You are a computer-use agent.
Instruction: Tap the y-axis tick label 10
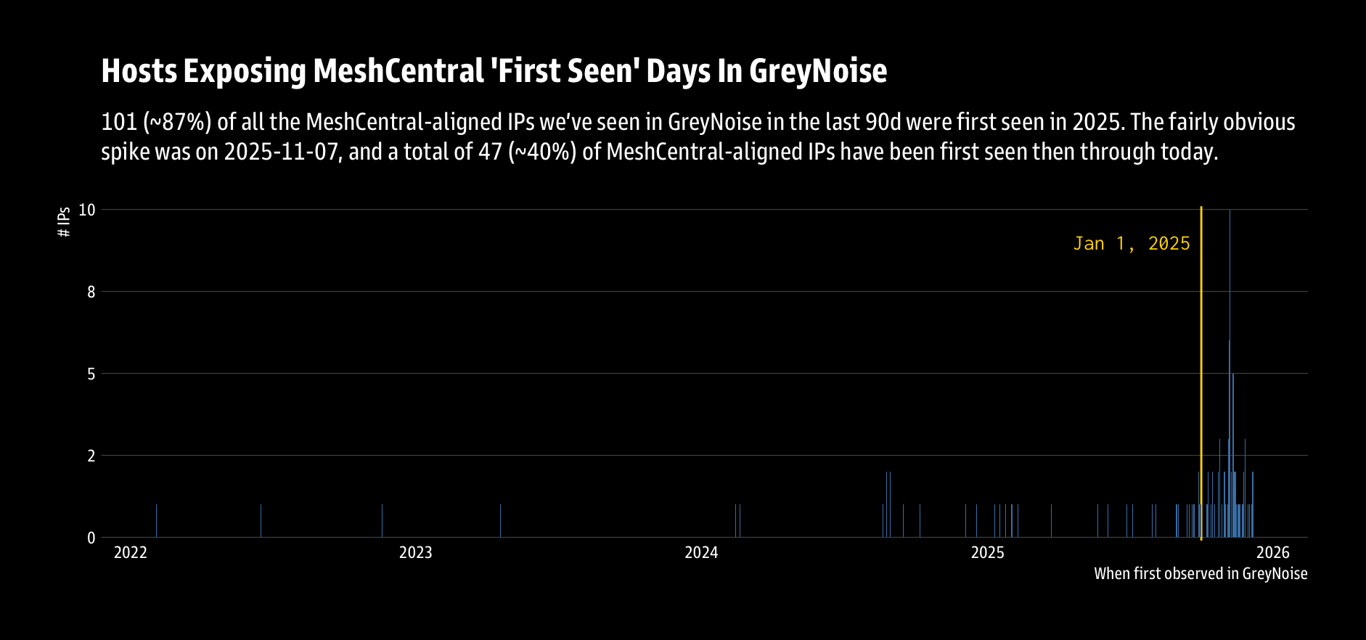tap(87, 210)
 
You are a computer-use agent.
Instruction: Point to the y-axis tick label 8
tap(91, 292)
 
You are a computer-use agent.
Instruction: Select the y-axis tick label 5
tap(91, 374)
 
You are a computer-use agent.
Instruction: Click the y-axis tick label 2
tap(91, 456)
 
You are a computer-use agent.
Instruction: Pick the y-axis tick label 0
tap(91, 538)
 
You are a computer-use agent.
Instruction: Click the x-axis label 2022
tap(131, 553)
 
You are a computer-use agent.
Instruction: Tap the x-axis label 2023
tap(416, 553)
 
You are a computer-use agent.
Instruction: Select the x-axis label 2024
tap(701, 553)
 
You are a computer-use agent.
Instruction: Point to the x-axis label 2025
tap(988, 553)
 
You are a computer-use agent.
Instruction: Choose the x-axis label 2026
tap(1273, 553)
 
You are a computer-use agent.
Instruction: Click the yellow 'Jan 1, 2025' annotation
tap(1132, 244)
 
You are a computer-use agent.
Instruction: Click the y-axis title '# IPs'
tap(65, 222)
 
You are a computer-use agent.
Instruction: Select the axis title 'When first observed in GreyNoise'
tap(1201, 574)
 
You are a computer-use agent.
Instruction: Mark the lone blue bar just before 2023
tap(382, 521)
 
